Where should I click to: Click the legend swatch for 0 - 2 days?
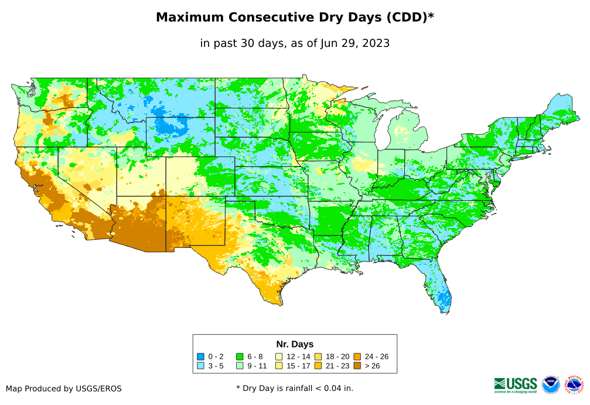pos(201,356)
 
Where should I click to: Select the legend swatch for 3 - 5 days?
pos(201,366)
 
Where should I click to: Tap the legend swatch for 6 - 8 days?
pos(240,356)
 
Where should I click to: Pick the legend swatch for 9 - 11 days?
pos(240,366)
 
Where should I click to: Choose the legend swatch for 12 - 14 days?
pos(279,356)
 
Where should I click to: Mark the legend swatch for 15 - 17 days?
pos(279,366)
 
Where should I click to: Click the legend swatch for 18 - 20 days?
pos(318,356)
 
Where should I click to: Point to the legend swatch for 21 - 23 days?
pos(318,366)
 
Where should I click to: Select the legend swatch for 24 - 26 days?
pos(357,356)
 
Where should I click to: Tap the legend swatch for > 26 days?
pos(357,366)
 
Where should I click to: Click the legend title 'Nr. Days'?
pos(295,344)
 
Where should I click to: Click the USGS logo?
pos(516,384)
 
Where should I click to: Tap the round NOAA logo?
pos(551,384)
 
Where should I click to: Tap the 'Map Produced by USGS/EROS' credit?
pos(64,389)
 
